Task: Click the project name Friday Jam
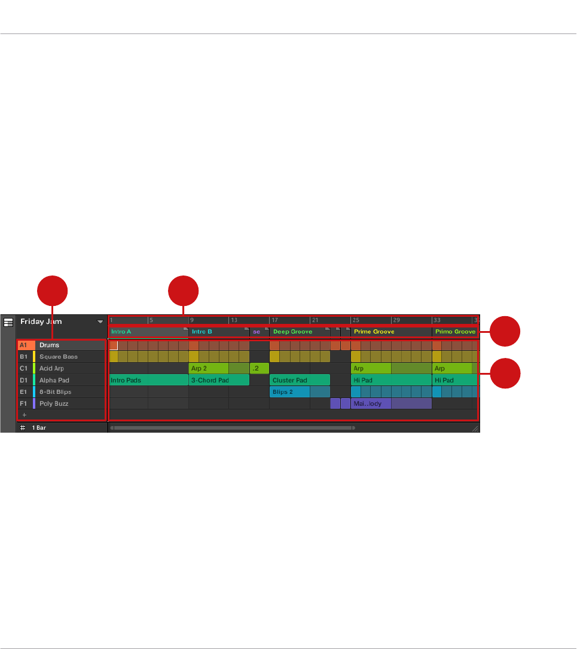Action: pos(41,322)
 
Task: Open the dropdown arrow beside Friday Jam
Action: pos(100,322)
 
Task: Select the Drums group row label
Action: pos(49,345)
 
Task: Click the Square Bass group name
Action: pos(58,357)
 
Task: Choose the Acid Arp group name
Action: pos(51,368)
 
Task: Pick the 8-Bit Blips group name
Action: pos(55,392)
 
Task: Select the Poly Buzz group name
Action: pos(54,403)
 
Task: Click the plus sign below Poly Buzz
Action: pos(25,414)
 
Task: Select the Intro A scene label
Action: pos(121,331)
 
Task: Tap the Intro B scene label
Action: pos(202,331)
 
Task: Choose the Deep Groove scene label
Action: pos(292,331)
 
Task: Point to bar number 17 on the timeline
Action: pos(274,320)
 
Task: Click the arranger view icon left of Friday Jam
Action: pos(8,322)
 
